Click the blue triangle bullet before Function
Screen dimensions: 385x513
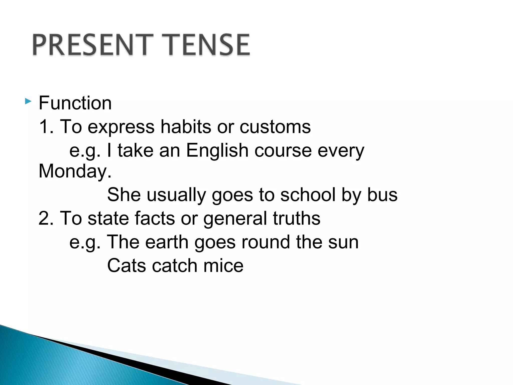coord(28,102)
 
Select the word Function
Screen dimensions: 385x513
coord(75,103)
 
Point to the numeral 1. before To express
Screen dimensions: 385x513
coord(46,127)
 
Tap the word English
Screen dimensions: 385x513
coord(217,150)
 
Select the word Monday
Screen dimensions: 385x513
coord(75,171)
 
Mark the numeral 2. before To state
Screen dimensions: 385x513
coord(46,218)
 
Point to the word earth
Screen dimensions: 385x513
coord(167,242)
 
